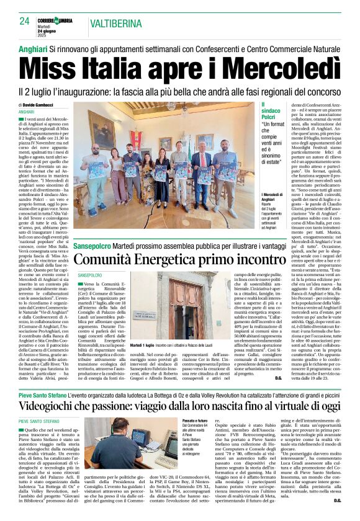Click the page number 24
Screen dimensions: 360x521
pyautogui.click(x=24, y=21)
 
